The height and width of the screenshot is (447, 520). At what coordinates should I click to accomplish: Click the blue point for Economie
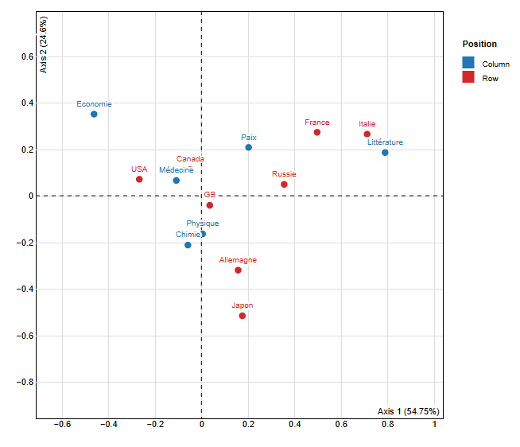point(94,115)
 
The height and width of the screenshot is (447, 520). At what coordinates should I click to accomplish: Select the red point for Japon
point(243,316)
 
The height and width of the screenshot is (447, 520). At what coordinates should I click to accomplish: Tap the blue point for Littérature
point(385,153)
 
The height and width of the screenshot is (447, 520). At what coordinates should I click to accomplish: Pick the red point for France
point(317,132)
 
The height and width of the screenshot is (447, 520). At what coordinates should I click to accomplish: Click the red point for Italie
point(367,134)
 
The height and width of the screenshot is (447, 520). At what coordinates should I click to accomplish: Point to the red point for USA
point(139,179)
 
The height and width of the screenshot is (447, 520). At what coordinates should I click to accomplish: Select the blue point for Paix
point(248,147)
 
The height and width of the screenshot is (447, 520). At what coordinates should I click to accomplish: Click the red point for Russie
point(284,185)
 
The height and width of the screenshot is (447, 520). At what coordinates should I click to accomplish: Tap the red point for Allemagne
point(238,270)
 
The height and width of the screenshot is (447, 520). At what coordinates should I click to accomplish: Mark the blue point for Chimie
point(188,245)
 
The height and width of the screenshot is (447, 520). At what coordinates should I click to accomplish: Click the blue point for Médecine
point(177,181)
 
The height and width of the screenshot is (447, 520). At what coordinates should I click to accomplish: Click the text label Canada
point(190,159)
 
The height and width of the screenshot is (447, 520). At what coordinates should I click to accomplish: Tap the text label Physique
point(203,223)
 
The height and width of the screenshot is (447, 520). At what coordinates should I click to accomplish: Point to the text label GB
point(209,195)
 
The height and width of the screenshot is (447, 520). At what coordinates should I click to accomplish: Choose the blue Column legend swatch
point(468,63)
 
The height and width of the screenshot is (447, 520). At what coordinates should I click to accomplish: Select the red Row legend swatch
point(468,77)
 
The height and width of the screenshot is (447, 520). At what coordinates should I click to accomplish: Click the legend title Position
point(479,45)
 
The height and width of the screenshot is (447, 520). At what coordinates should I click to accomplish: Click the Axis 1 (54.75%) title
point(409,411)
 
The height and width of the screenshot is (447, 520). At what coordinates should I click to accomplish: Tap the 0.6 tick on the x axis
point(341,426)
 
